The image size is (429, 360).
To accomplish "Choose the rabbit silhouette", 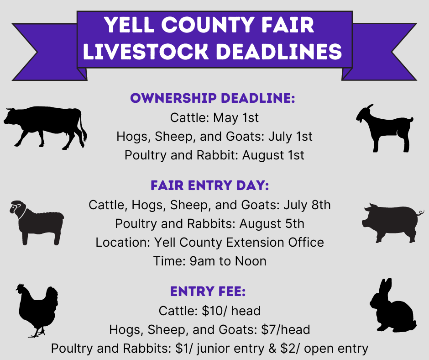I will tap(392, 308).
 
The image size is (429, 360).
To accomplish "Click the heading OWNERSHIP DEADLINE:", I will tap(213, 98).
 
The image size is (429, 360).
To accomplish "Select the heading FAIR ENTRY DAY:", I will tap(210, 185).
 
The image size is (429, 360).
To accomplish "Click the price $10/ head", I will tap(231, 311).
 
